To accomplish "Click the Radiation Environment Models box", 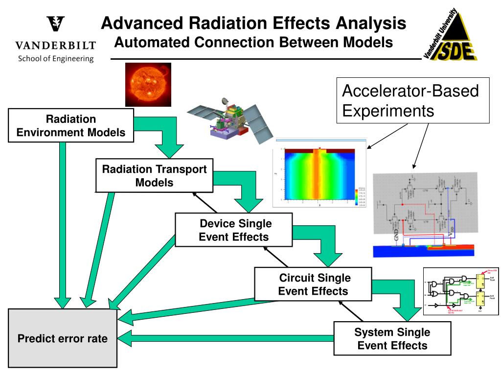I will tap(71, 125).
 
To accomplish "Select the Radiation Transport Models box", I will tap(154, 176).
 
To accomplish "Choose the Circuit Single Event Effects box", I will tap(313, 284).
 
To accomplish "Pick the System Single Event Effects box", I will tap(392, 339).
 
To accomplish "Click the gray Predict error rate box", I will tap(62, 338).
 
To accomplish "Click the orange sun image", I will tap(148, 84).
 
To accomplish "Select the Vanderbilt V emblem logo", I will tap(55, 24).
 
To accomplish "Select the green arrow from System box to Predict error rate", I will tap(225, 338).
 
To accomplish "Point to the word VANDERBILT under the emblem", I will tap(55, 46).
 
